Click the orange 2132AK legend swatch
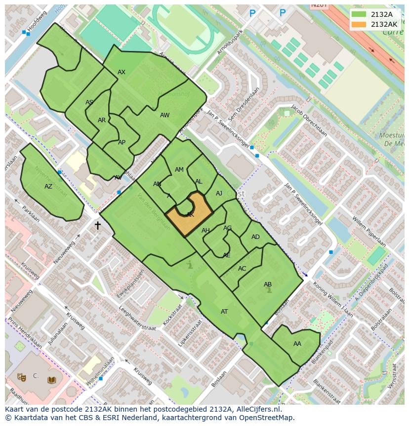pos(359,24)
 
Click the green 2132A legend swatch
pos(359,14)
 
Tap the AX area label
pos(122,72)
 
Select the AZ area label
pos(48,187)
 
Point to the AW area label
pos(164,115)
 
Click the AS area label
pos(89,103)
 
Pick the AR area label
pos(102,120)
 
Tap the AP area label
pos(122,142)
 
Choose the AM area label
pos(179,170)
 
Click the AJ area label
pos(219,193)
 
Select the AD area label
pos(255,237)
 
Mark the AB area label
pos(268,284)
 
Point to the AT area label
pos(224,312)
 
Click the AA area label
pos(297,344)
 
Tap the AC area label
pos(242,269)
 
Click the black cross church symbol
pos(97,226)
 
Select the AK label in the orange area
pos(190,215)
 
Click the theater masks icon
pos(21,377)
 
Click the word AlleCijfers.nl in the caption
pos(256,409)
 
